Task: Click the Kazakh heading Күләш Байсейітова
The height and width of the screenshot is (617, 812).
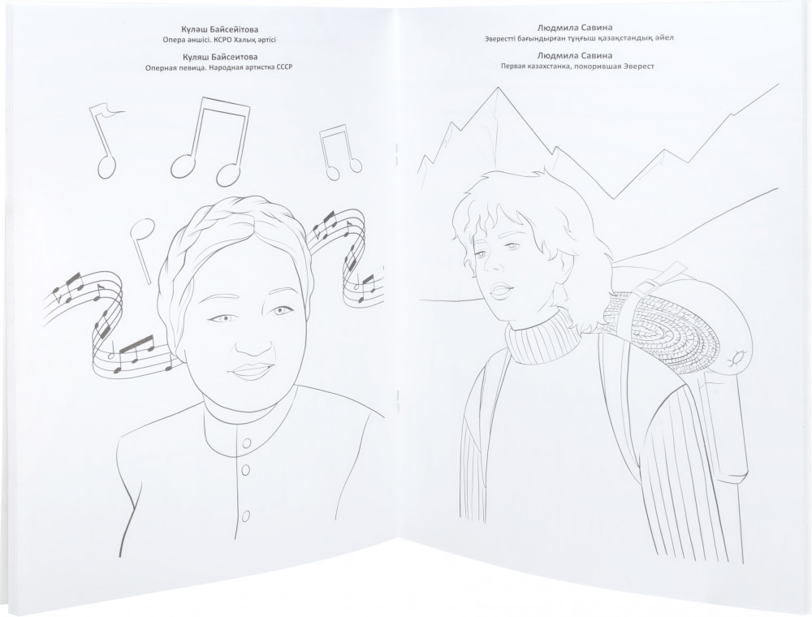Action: click(216, 29)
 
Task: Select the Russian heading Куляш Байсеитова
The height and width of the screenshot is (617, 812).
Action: click(216, 57)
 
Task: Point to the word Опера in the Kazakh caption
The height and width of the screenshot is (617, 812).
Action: click(172, 41)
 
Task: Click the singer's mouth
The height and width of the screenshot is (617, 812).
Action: click(252, 371)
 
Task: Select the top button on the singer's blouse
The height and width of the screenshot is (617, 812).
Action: click(247, 443)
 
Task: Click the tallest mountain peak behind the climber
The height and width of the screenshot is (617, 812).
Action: click(499, 89)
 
